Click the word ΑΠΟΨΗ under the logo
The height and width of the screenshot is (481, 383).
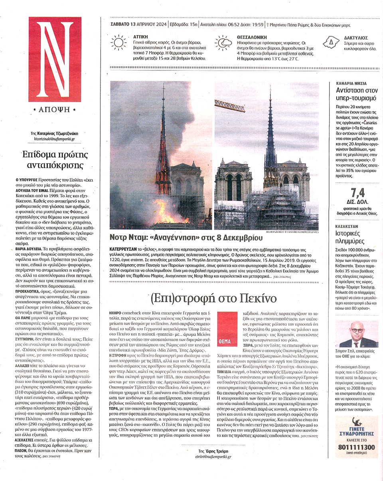click(51, 109)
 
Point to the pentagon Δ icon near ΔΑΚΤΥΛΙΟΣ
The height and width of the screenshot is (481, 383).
click(330, 42)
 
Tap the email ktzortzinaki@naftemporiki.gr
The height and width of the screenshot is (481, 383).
click(54, 139)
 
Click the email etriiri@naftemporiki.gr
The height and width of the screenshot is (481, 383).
click(213, 456)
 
